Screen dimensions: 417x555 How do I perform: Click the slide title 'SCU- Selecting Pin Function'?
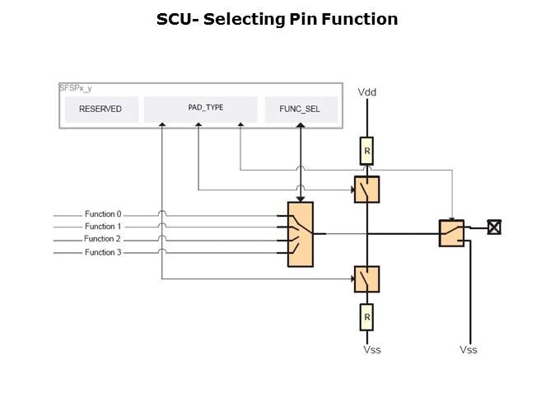point(277,19)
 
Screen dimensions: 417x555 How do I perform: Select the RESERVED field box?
point(100,109)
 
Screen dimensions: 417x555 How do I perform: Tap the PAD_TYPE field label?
point(200,107)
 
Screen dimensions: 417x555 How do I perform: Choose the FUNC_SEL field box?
point(301,109)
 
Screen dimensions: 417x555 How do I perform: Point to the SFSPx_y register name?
point(76,87)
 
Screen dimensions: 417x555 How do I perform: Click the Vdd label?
point(367,92)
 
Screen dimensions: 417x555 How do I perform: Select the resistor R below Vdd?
point(367,151)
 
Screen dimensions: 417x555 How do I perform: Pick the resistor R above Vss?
point(367,316)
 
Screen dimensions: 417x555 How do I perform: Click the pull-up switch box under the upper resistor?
point(367,190)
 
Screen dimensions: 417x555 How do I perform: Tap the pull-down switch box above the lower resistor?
point(367,279)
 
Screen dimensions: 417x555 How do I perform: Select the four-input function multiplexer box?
point(301,233)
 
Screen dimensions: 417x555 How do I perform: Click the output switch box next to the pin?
point(451,233)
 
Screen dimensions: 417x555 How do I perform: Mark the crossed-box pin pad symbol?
point(494,227)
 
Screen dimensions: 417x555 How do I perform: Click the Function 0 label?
point(103,214)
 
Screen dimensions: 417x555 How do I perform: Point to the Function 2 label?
point(103,239)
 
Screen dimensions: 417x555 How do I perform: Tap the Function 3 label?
point(103,252)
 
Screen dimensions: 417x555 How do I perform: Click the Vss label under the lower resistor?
point(372,349)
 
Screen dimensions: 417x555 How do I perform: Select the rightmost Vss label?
point(469,349)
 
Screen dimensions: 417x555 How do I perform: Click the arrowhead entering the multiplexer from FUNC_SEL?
point(301,199)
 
